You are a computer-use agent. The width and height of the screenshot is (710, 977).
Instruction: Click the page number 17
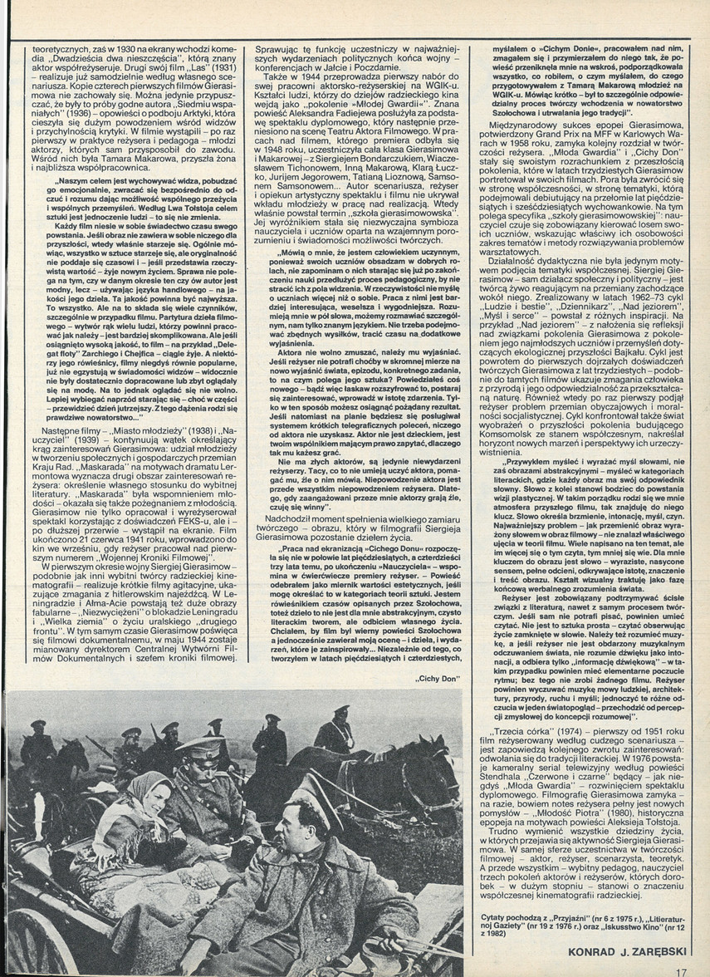click(x=682, y=969)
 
